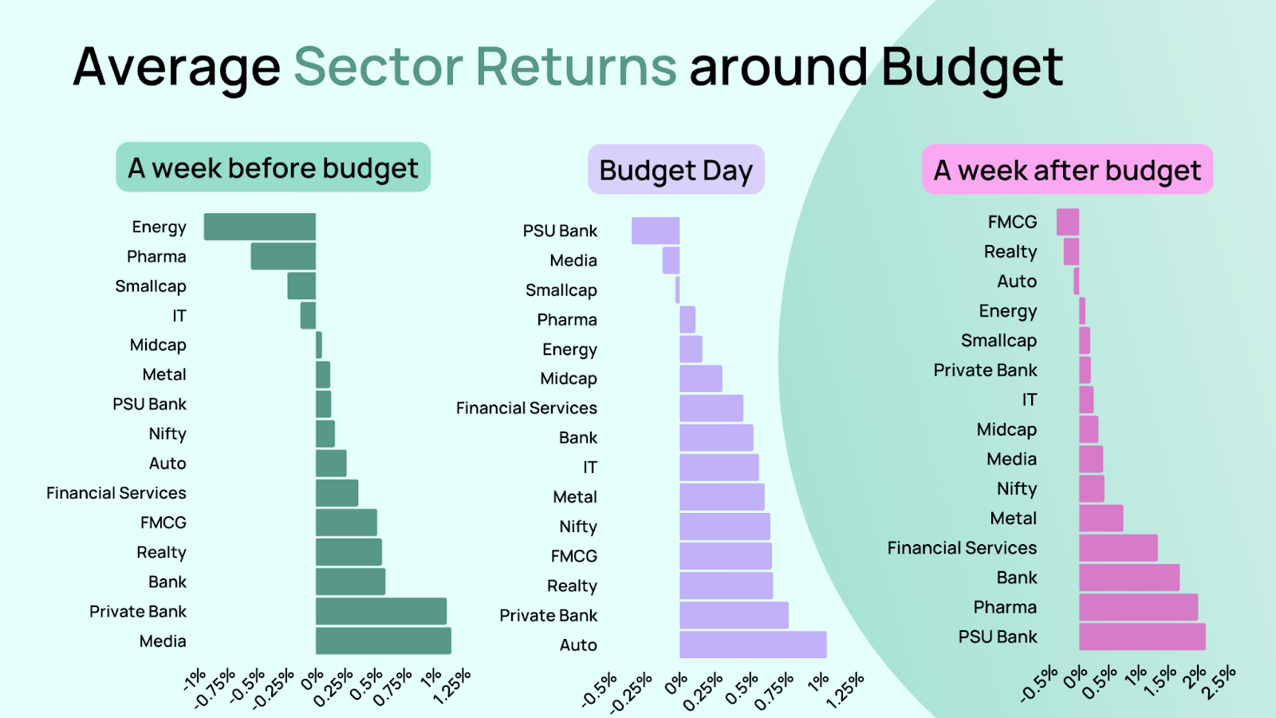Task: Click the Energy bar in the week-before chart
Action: [260, 227]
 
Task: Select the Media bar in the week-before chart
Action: [384, 641]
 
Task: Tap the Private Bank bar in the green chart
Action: [381, 611]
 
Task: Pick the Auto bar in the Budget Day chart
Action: [753, 645]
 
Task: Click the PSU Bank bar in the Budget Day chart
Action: [656, 231]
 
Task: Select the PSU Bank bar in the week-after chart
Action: [1142, 637]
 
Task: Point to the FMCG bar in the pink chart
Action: [1068, 222]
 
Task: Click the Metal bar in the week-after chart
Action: [1101, 518]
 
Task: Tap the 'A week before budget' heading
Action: [274, 168]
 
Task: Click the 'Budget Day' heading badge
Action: [676, 170]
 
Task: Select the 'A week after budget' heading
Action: [1068, 170]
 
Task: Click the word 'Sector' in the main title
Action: [378, 67]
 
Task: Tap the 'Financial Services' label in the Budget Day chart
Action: [526, 408]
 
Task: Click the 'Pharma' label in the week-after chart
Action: [1005, 607]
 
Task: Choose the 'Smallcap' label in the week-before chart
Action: [151, 286]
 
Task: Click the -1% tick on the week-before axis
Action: [195, 680]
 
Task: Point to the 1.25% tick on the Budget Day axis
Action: [845, 691]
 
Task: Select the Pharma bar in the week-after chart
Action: [1138, 607]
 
